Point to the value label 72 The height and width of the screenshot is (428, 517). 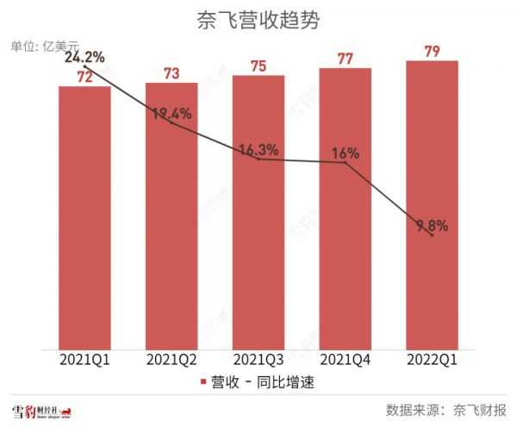point(84,77)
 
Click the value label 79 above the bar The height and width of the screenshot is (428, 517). point(432,53)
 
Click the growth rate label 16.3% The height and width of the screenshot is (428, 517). point(258,150)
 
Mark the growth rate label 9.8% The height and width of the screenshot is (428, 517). point(432,226)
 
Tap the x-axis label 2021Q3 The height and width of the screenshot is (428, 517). point(258,358)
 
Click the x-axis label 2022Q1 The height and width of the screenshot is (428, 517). point(432,358)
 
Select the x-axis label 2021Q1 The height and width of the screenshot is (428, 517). point(84,358)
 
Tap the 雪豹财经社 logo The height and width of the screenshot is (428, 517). point(40,410)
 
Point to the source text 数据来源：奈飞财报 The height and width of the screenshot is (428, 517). point(446,409)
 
